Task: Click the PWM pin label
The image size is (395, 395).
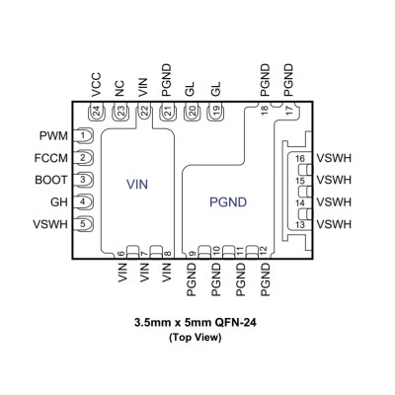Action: click(x=53, y=135)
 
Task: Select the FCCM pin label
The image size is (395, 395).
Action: click(x=51, y=158)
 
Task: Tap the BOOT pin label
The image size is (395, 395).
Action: click(x=51, y=180)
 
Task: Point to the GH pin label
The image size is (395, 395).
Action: click(x=59, y=201)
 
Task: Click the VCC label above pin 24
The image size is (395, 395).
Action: click(x=96, y=85)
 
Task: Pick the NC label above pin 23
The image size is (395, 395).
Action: click(x=119, y=89)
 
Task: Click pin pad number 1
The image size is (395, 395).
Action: click(x=83, y=135)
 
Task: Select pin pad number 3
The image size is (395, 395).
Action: click(x=83, y=180)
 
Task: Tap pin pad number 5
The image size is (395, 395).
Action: click(x=83, y=224)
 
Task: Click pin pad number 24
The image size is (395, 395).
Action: click(x=97, y=112)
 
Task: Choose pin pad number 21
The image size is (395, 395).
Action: click(x=168, y=112)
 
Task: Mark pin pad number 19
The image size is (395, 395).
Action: click(x=215, y=112)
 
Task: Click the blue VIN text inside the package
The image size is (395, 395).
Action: click(x=137, y=185)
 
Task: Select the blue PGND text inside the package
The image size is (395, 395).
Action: click(x=228, y=202)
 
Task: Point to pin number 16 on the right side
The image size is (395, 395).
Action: click(x=300, y=159)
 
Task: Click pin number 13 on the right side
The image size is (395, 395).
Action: click(x=300, y=225)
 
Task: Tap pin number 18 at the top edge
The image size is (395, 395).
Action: click(x=265, y=110)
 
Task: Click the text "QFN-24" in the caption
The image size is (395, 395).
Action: click(x=235, y=322)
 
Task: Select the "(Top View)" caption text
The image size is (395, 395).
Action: click(x=196, y=338)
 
